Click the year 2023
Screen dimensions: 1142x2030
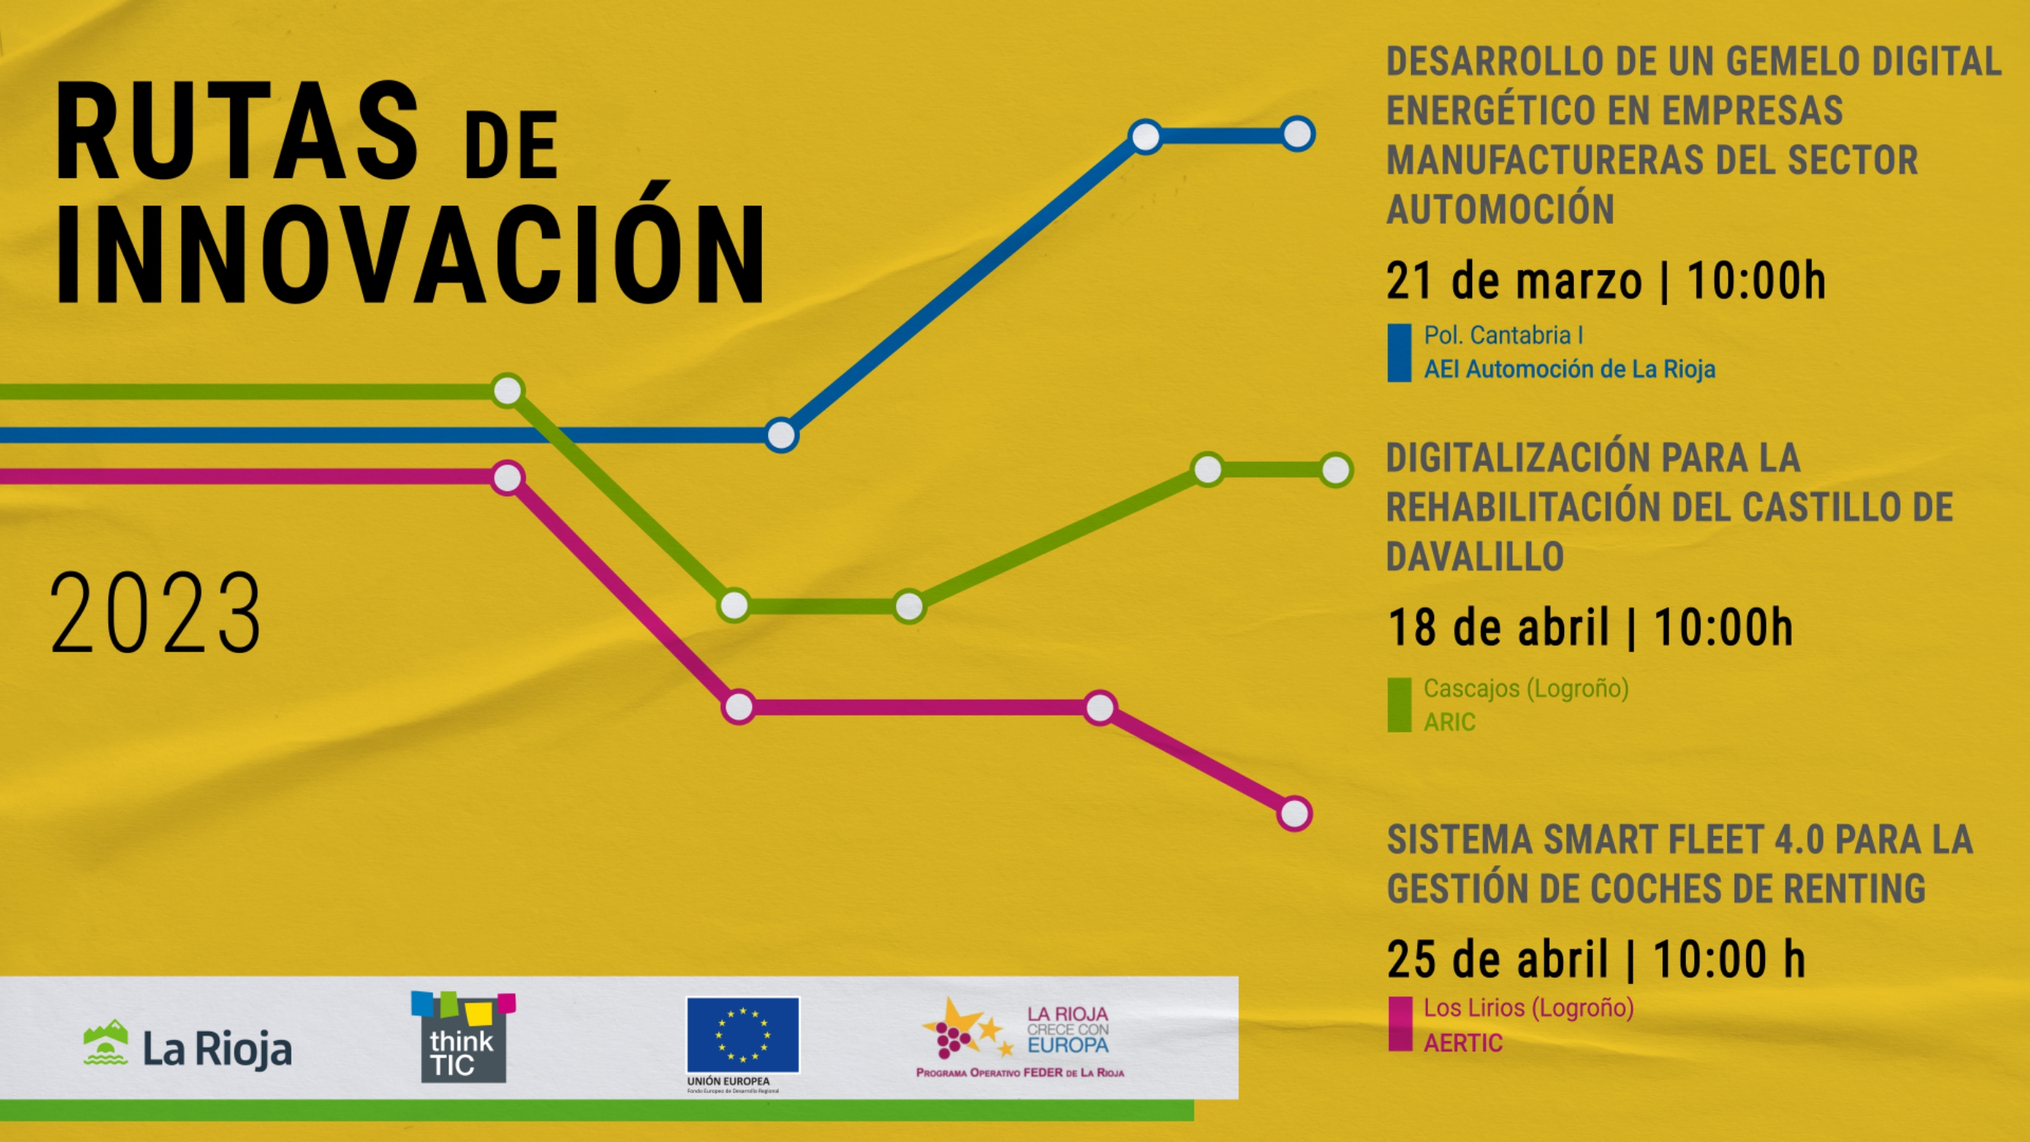coord(155,613)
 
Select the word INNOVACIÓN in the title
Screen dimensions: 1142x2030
coord(410,254)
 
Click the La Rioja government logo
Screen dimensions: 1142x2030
coord(187,1046)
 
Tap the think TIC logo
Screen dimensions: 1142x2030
coord(464,1037)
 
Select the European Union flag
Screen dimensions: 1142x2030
coord(742,1035)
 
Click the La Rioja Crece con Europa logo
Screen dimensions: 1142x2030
coord(1021,1037)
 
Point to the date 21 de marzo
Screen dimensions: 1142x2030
coord(1514,282)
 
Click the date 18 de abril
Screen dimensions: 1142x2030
coord(1498,628)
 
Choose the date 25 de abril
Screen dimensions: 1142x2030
coord(1497,960)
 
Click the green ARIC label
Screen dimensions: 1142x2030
coord(1449,722)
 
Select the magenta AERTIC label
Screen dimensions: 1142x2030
coord(1463,1043)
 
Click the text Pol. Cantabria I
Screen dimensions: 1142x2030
coord(1503,336)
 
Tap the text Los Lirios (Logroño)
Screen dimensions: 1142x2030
coord(1528,1008)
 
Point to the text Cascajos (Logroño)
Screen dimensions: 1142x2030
coord(1525,689)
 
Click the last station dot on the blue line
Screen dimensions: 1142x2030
coord(1297,134)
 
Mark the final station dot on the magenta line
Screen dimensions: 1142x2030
coord(1294,813)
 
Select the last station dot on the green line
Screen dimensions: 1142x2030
coord(1336,471)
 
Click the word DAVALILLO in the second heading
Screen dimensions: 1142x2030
coord(1474,557)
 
